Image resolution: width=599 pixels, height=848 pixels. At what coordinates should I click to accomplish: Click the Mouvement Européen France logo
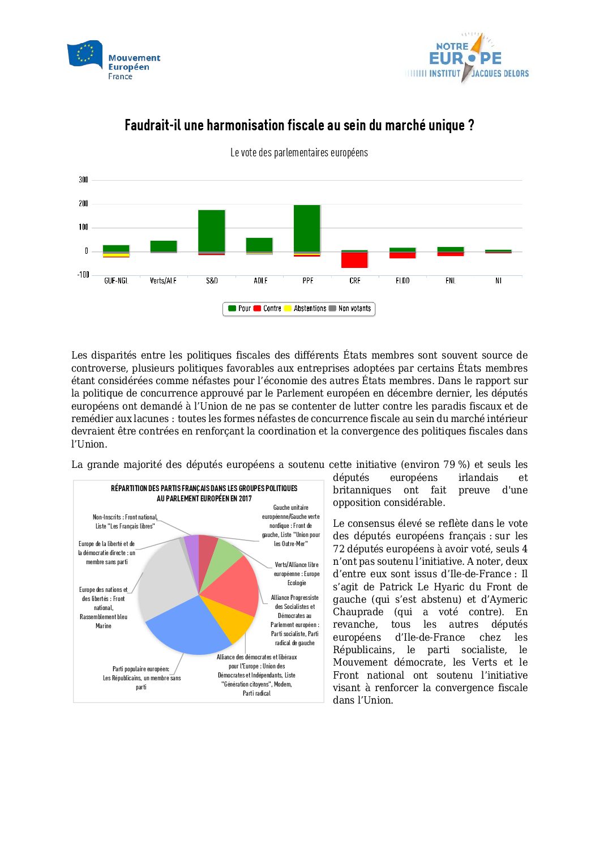[113, 61]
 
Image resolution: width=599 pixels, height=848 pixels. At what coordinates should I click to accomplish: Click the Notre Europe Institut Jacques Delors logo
[467, 59]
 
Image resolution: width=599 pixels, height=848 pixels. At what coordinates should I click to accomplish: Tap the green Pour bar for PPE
[307, 228]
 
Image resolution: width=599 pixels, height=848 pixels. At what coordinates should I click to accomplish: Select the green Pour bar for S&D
[212, 231]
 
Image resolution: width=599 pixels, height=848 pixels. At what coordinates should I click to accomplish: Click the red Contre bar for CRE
[354, 260]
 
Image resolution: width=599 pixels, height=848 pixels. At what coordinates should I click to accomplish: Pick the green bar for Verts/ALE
[164, 246]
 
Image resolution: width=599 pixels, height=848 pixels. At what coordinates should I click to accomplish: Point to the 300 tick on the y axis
[84, 180]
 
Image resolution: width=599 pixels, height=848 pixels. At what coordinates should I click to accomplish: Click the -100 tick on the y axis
[84, 275]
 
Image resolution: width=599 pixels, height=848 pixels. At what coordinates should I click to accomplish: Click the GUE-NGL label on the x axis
[116, 281]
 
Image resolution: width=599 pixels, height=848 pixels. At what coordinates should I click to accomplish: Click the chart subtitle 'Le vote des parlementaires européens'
[299, 153]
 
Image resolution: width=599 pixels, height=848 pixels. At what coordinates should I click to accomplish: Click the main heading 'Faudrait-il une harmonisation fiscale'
[299, 125]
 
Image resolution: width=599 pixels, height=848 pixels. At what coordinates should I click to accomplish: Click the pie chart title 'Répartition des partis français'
[204, 493]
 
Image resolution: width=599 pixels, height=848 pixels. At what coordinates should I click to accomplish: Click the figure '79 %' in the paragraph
[456, 465]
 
